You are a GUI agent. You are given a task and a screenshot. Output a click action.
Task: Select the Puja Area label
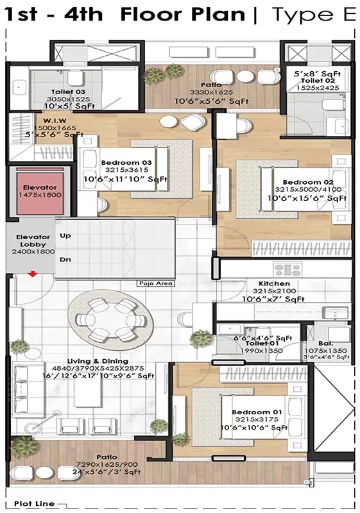pos(155,283)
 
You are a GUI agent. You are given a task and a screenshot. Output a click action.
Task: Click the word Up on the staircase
pos(65,236)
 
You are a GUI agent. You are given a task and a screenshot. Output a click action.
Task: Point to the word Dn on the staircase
pos(65,260)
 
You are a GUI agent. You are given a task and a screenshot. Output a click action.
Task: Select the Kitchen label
pos(274,283)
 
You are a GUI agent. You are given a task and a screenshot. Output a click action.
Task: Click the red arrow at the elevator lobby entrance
pos(33,274)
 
